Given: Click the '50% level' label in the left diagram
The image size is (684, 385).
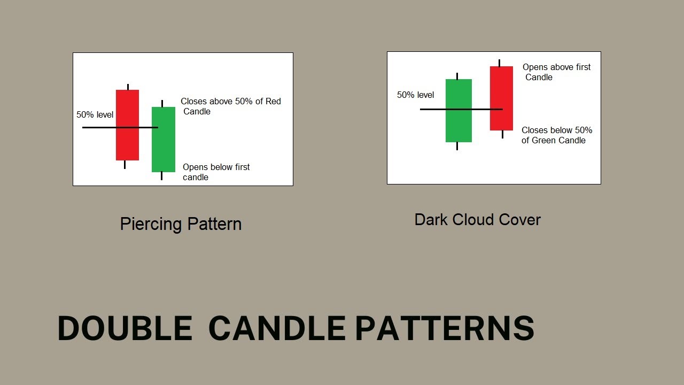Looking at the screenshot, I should pos(95,114).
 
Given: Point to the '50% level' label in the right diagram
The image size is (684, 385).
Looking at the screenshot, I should pos(415,95).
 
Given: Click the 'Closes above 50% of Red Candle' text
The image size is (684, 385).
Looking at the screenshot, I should pos(230,106).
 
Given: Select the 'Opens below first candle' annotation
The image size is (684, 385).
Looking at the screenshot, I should pos(216,172).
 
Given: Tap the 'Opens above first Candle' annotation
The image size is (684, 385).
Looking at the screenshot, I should pos(556,72).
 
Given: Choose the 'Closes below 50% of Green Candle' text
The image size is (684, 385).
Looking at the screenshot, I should pos(556,135).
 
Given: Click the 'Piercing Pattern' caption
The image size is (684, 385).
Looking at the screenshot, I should pos(181,224).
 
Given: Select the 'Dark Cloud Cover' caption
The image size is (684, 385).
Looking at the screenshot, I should pos(477,220).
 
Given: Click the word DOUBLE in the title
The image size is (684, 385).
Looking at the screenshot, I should pos(125,328).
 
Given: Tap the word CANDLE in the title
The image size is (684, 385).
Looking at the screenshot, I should pos(276,328).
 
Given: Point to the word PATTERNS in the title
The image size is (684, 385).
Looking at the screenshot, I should pos(445,328).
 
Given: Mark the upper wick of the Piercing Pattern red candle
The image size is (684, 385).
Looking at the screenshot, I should pos(128,87).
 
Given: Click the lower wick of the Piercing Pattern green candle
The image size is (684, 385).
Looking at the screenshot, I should pos(161,176).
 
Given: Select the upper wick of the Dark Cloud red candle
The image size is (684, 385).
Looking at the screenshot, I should pos(499,63).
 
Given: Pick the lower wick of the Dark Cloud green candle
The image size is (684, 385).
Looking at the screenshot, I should pos(457,146).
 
